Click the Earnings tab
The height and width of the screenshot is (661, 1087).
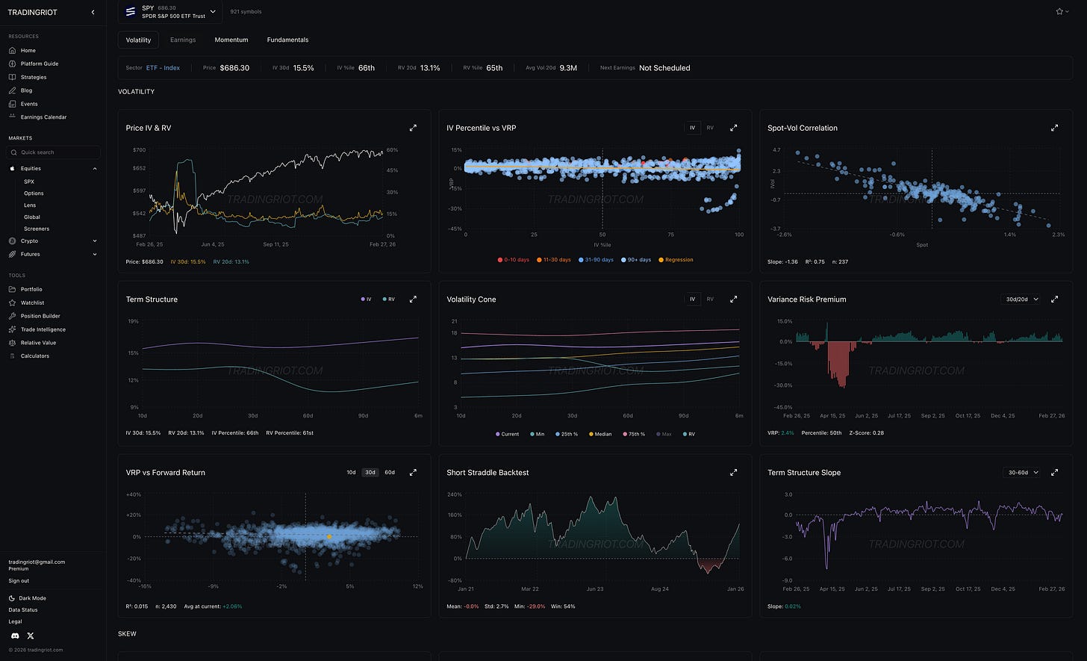[183, 40]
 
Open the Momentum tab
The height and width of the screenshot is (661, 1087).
[231, 40]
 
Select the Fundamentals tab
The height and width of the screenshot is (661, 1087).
[287, 40]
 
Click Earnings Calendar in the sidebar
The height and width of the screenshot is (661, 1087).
[43, 117]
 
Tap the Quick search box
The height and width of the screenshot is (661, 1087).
[54, 152]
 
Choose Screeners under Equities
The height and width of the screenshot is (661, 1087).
[37, 229]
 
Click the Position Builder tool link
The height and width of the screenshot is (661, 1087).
[40, 316]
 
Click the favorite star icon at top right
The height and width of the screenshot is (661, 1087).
[1059, 12]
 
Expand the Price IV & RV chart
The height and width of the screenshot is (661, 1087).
[413, 128]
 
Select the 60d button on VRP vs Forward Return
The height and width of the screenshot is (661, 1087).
[390, 472]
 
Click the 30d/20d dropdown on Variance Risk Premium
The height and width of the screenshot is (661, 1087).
[1020, 300]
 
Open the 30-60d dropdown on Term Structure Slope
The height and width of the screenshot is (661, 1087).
[1021, 473]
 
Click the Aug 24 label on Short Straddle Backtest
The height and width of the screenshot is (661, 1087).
[660, 589]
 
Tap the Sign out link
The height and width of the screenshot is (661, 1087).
[19, 580]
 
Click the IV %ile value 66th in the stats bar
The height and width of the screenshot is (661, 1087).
[366, 68]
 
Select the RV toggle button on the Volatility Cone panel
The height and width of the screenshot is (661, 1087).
[710, 300]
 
